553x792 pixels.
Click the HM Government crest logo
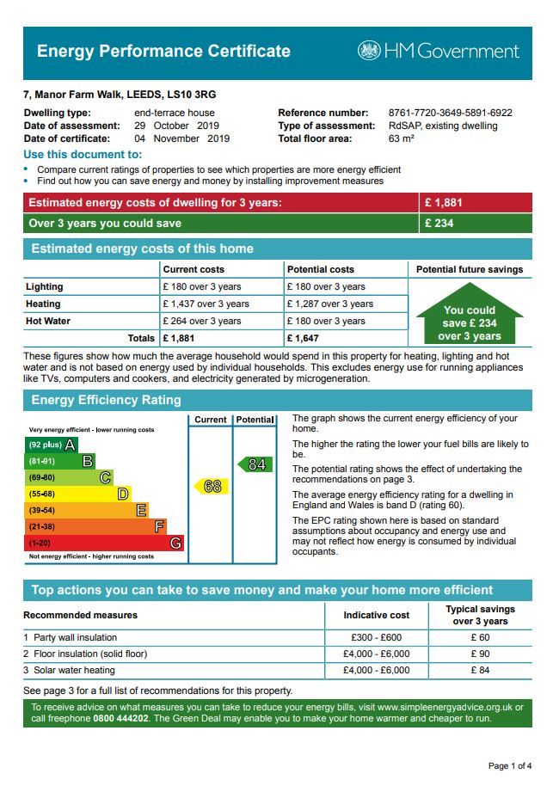click(x=369, y=51)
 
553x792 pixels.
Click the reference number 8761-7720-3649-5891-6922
click(x=450, y=113)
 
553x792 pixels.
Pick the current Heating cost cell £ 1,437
click(x=206, y=304)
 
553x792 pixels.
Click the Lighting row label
click(x=44, y=286)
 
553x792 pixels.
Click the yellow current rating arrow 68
click(x=210, y=487)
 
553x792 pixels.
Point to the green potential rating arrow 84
click(x=255, y=464)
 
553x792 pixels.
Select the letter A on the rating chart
click(x=70, y=445)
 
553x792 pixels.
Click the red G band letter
click(x=175, y=543)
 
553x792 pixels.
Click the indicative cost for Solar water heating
click(x=376, y=670)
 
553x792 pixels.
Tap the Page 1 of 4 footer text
click(x=510, y=765)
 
